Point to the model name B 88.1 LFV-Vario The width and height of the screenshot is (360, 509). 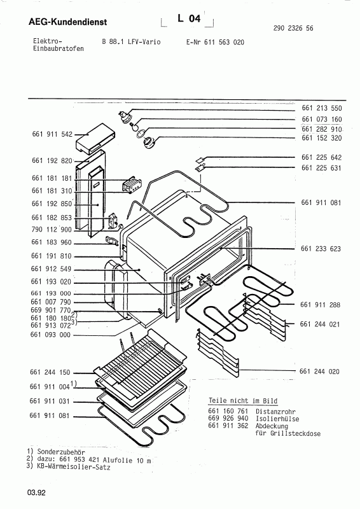(x=131, y=42)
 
